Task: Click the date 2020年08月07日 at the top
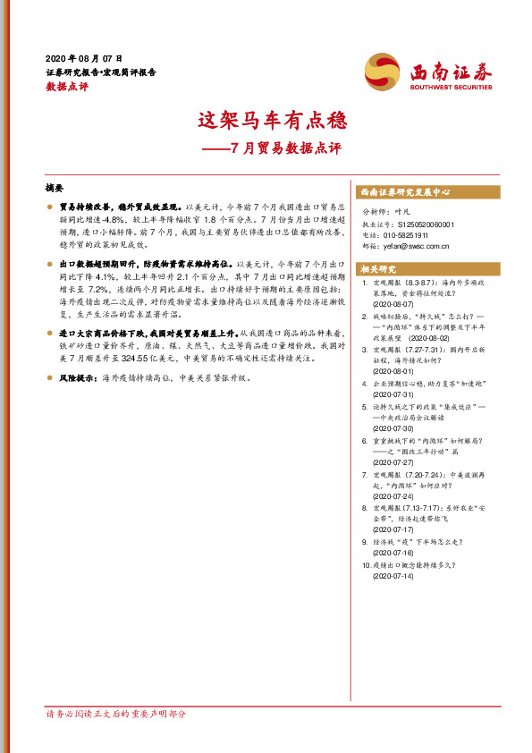pos(83,57)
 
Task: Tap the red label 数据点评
pos(67,87)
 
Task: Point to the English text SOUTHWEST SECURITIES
pos(452,89)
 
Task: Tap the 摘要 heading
pos(55,189)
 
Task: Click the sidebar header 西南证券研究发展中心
pos(404,192)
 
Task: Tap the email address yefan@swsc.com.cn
pos(413,246)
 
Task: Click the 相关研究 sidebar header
pos(377,268)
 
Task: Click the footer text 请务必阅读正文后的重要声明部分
pos(116,714)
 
